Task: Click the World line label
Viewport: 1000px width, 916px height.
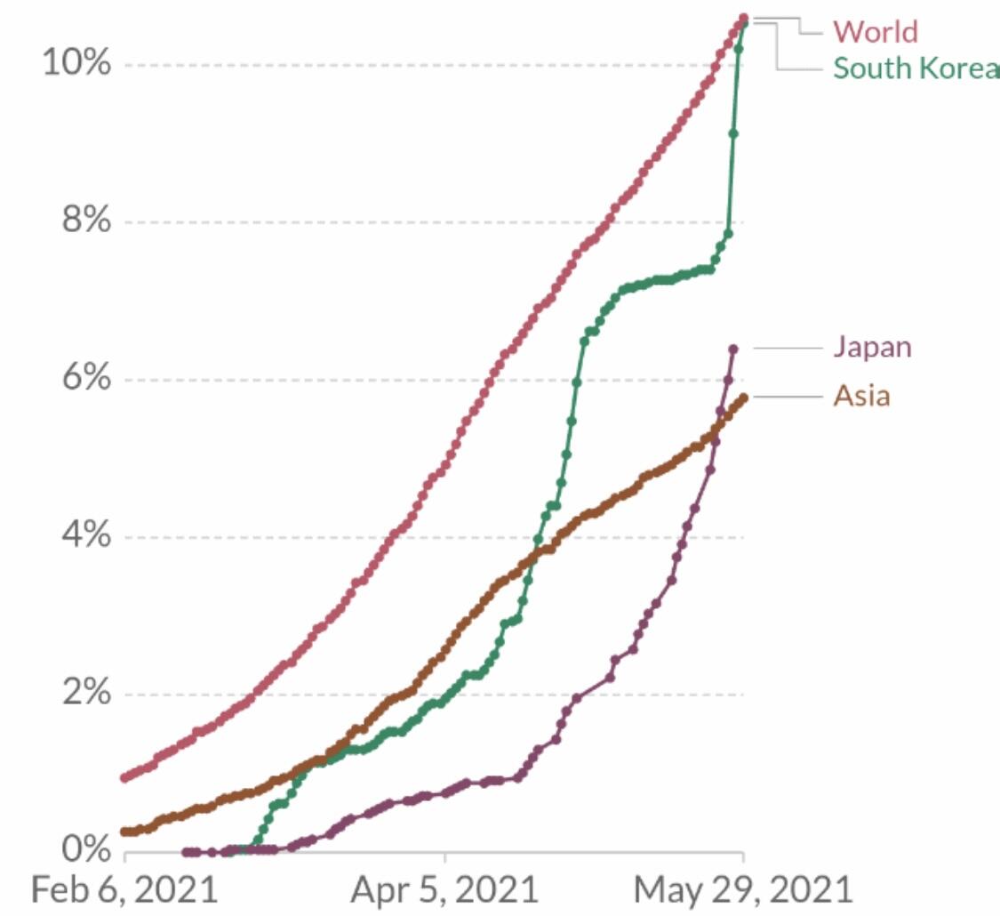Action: pyautogui.click(x=876, y=32)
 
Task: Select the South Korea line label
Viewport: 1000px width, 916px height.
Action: pyautogui.click(x=916, y=68)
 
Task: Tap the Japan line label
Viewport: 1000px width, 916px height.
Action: pyautogui.click(x=872, y=346)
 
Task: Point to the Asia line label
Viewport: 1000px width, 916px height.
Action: pyautogui.click(x=861, y=395)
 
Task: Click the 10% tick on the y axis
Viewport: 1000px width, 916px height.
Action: pyautogui.click(x=77, y=64)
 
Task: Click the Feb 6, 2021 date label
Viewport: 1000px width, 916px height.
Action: pyautogui.click(x=124, y=889)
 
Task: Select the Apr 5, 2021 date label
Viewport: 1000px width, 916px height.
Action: pyautogui.click(x=444, y=889)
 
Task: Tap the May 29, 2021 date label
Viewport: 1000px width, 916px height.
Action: pyautogui.click(x=742, y=889)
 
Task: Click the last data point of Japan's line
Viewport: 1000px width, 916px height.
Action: pyautogui.click(x=733, y=349)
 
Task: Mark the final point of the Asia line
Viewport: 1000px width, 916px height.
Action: pyautogui.click(x=743, y=397)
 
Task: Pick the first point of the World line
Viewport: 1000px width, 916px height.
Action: pyautogui.click(x=124, y=777)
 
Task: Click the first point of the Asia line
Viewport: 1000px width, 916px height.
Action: pyautogui.click(x=124, y=832)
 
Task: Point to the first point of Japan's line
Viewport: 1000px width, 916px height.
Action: pyautogui.click(x=186, y=851)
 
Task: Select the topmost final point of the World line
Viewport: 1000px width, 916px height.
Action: pyautogui.click(x=744, y=18)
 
